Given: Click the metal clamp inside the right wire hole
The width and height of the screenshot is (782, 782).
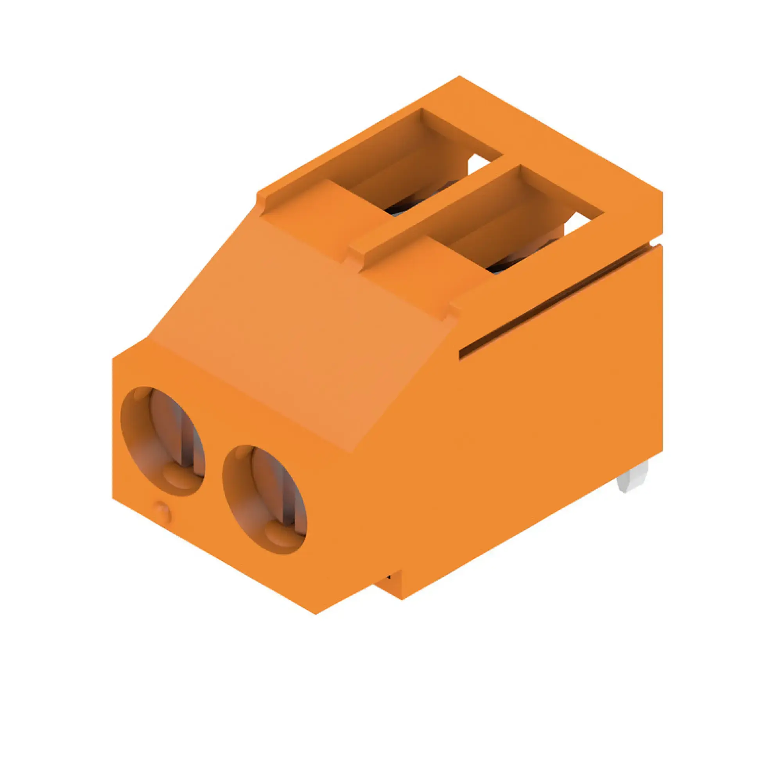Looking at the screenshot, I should tap(288, 502).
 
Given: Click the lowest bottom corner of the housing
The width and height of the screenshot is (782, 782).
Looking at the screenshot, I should tap(315, 613).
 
